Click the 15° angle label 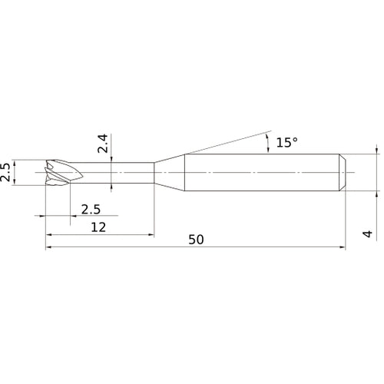coord(286,142)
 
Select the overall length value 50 coord(196,240)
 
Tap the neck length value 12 coord(98,227)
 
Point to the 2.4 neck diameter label coord(103,144)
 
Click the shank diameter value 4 coord(368,234)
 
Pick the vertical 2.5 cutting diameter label coord(5,172)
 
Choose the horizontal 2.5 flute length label coord(91,210)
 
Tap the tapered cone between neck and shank coord(169,173)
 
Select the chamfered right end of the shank coord(343,173)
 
